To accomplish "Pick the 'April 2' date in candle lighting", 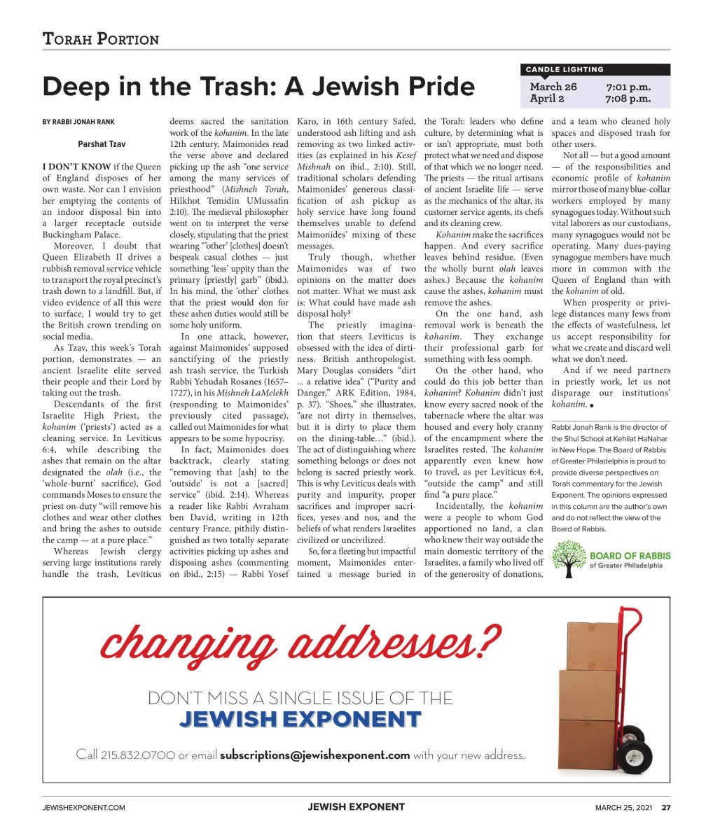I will (546, 99).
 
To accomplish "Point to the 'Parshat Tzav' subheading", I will (101, 145).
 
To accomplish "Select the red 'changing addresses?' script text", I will (301, 643).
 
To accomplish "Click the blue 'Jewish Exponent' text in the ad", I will (300, 719).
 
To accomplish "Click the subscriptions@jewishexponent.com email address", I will (314, 755).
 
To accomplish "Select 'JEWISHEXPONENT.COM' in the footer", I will (84, 808).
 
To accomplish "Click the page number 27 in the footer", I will (666, 808).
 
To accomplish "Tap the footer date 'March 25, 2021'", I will (624, 808).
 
